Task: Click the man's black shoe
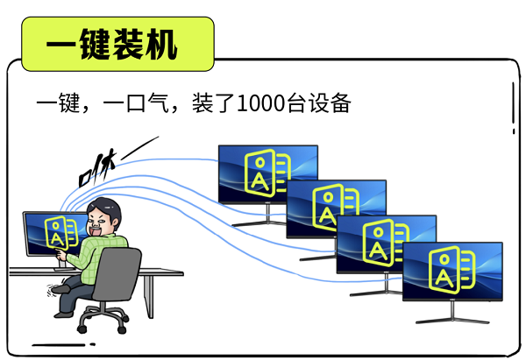[60, 286]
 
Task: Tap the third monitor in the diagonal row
[387, 240]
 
